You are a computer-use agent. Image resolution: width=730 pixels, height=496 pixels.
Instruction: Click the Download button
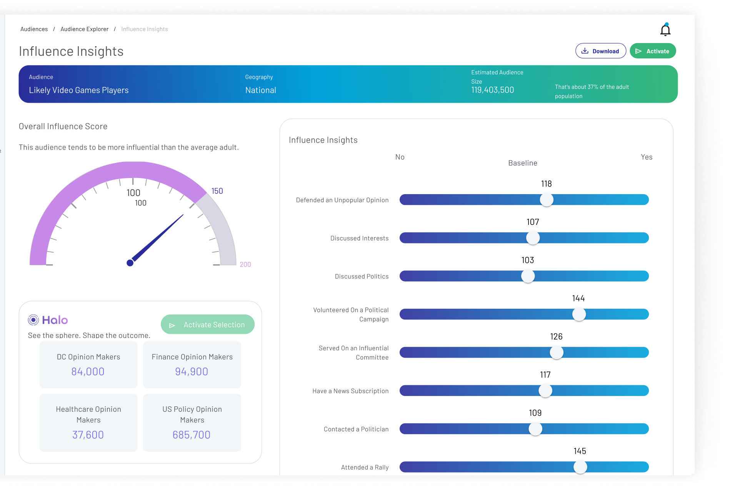point(600,51)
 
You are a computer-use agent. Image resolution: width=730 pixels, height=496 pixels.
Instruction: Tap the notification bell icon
point(665,30)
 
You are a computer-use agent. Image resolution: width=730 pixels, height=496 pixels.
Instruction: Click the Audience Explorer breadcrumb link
point(84,29)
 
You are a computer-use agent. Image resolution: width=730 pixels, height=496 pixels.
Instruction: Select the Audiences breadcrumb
point(34,29)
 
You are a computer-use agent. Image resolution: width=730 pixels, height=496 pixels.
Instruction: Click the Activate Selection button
point(208,325)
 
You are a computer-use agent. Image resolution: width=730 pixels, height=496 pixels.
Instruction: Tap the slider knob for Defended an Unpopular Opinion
point(547,200)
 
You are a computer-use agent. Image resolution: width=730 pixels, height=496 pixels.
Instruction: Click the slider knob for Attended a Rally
point(580,467)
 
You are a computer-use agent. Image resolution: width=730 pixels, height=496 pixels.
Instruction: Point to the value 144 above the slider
point(578,298)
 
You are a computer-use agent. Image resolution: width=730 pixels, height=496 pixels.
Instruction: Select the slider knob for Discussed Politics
point(528,276)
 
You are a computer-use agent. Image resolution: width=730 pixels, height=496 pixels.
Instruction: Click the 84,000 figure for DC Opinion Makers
point(88,371)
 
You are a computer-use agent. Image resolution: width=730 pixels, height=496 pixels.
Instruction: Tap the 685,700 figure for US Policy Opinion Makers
point(192,435)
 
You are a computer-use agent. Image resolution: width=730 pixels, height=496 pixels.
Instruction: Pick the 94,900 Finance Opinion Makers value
point(192,371)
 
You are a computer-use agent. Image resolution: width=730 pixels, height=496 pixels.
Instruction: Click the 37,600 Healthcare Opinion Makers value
point(88,435)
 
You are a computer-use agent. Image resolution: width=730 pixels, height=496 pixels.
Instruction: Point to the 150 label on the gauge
point(217,191)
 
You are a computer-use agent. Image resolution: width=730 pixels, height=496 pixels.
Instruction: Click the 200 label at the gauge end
point(245,265)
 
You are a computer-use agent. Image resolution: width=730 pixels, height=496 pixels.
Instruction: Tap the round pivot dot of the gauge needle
point(130,263)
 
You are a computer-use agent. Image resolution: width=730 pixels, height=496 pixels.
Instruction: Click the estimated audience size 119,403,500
point(493,90)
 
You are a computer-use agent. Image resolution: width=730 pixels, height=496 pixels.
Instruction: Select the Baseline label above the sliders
point(523,163)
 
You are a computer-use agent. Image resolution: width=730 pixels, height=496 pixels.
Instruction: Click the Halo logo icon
point(33,320)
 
